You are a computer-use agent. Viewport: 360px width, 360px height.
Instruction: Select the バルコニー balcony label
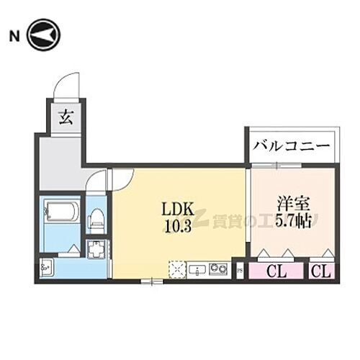[291, 146]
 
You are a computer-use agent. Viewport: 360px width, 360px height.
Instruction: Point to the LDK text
[178, 210]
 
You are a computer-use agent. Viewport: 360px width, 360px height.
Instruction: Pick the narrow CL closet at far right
[322, 271]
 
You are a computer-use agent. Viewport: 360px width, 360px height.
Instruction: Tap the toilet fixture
[96, 217]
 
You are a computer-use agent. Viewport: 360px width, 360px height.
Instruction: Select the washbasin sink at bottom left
[47, 269]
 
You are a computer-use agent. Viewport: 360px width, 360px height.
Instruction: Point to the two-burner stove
[218, 270]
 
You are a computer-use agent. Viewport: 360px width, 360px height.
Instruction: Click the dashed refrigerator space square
[175, 269]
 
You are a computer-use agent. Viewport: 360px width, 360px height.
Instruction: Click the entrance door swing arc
[67, 83]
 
